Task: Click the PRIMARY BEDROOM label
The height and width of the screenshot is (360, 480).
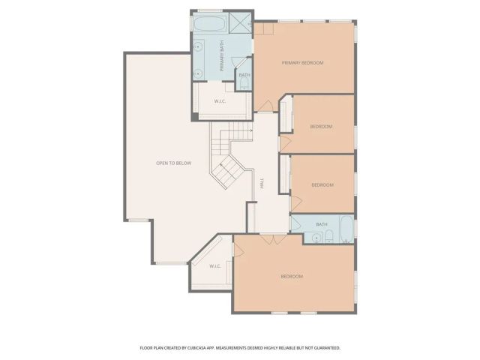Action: [302, 63]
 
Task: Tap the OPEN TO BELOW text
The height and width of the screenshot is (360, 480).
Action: [173, 163]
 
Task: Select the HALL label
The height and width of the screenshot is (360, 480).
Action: [262, 183]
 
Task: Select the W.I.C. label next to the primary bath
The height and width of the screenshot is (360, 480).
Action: [220, 100]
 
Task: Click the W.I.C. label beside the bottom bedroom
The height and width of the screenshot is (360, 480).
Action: [214, 265]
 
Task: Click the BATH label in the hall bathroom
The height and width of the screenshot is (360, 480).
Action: [321, 224]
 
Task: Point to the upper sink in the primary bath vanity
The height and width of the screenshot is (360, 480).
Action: [198, 45]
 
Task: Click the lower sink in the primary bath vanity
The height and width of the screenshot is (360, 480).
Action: [198, 73]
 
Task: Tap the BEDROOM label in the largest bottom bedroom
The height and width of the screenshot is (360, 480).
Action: [292, 277]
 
